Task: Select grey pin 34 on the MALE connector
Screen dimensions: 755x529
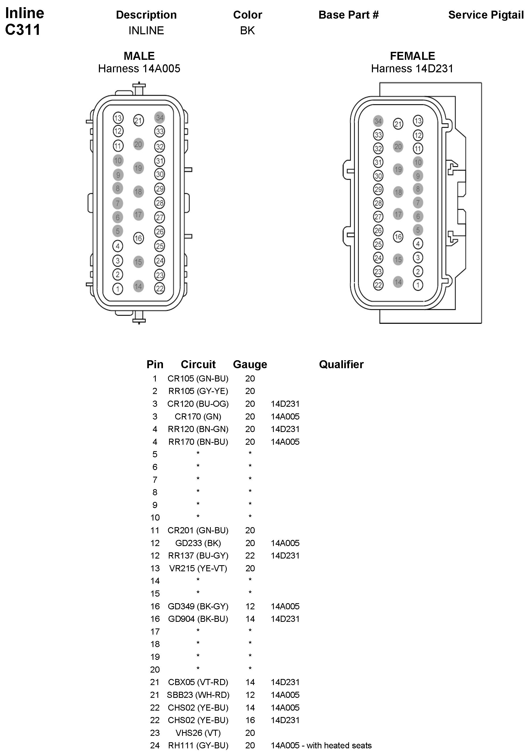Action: click(159, 118)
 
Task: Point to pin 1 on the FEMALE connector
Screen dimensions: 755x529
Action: click(418, 285)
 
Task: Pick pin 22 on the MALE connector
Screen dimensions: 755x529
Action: click(159, 288)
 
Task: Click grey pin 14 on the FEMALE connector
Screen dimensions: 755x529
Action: click(398, 282)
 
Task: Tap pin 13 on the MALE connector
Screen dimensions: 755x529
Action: click(118, 118)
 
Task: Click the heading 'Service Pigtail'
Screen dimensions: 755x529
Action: click(486, 15)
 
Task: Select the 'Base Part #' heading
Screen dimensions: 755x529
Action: click(349, 15)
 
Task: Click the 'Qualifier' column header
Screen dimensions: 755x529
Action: click(341, 364)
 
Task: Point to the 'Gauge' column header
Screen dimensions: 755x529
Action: click(250, 364)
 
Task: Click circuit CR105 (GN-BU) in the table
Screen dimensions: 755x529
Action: click(198, 379)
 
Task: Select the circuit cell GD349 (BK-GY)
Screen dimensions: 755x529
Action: click(198, 606)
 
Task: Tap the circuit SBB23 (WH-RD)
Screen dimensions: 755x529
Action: click(198, 695)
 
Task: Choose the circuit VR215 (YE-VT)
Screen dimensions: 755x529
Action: click(198, 568)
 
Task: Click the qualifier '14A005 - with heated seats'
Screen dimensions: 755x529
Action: click(321, 745)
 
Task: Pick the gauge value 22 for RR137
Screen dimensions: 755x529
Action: click(250, 555)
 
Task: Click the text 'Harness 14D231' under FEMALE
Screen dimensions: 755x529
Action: click(412, 68)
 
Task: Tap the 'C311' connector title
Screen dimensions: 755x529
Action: click(23, 30)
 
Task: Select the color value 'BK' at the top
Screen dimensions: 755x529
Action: click(247, 31)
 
